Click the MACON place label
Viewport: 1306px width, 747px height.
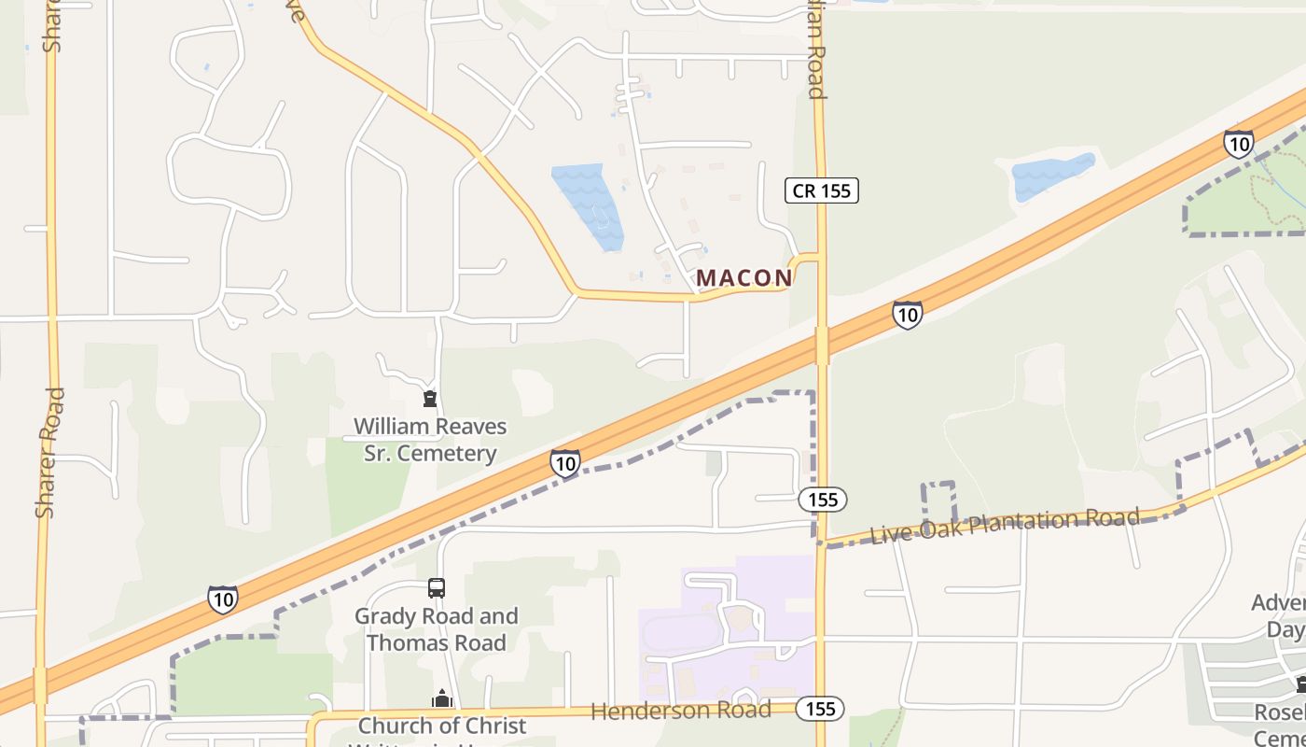[x=743, y=277]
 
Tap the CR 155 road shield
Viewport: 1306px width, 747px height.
[x=821, y=190]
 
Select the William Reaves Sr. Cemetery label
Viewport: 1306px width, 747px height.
[x=429, y=440]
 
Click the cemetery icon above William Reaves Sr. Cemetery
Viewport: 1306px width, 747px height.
[x=430, y=400]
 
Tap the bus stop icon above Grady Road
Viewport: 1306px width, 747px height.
[x=437, y=588]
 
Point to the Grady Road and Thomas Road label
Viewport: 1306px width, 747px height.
[x=437, y=629]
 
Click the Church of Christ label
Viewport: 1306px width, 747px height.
[x=442, y=726]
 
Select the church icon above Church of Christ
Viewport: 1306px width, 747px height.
[x=441, y=698]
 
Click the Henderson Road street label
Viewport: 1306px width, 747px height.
[x=681, y=711]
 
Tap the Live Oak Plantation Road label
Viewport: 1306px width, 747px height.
[x=1004, y=524]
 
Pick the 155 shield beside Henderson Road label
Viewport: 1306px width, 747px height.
[x=820, y=709]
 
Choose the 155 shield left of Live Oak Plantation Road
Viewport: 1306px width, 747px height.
[x=823, y=500]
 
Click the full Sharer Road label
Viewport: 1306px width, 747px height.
[x=49, y=453]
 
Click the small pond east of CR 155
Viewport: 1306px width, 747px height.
[x=1051, y=175]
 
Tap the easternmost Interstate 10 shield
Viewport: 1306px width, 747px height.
[x=1239, y=144]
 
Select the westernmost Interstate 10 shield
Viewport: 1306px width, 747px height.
[x=222, y=599]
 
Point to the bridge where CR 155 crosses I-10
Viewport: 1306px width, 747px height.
[x=821, y=345]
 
